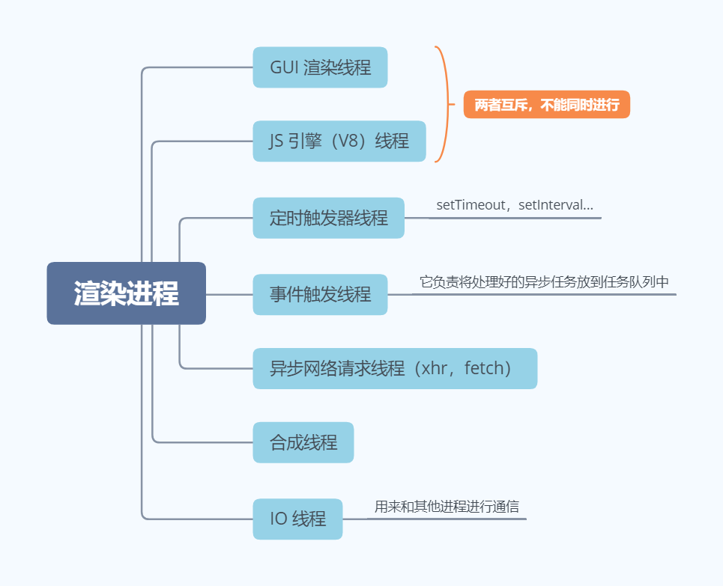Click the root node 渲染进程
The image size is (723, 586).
click(x=126, y=293)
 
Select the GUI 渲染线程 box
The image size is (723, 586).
click(x=320, y=67)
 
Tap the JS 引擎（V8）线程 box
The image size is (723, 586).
click(x=339, y=141)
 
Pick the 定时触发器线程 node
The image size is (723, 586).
click(x=328, y=218)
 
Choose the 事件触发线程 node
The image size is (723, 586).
click(x=320, y=294)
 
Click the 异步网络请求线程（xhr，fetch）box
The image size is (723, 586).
click(x=395, y=368)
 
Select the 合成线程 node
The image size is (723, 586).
click(x=303, y=442)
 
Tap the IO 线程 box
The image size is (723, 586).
click(x=297, y=519)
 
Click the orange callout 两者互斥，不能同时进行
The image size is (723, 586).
click(x=547, y=105)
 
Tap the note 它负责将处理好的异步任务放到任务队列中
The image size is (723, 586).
click(x=544, y=282)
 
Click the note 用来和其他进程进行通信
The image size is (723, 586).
click(x=447, y=506)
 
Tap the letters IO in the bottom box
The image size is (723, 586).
click(x=279, y=519)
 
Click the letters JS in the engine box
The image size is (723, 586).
click(x=278, y=141)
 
